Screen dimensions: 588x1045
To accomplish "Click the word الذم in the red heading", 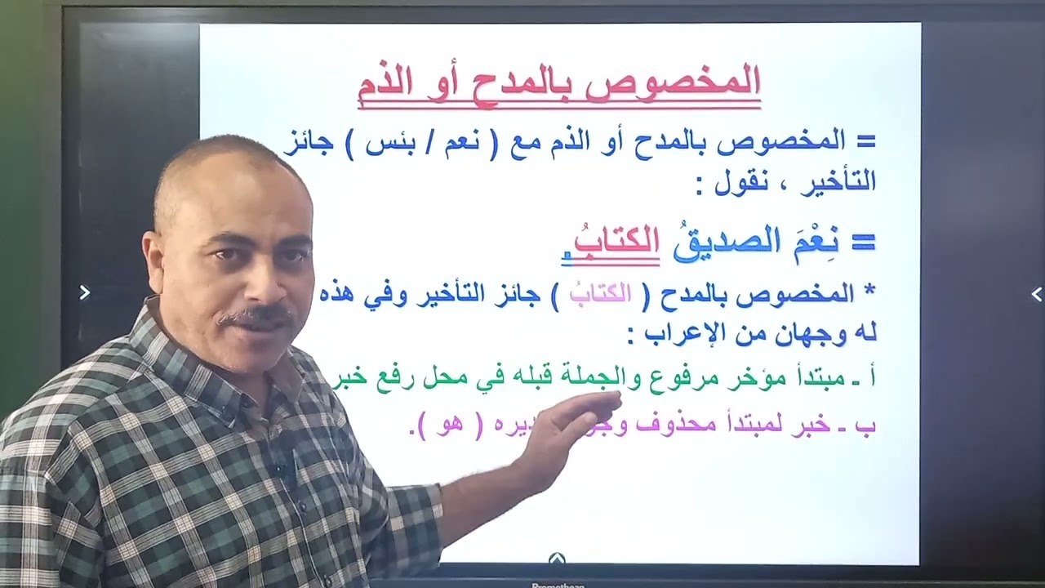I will pos(388,85).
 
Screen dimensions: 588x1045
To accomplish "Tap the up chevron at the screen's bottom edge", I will pos(558,559).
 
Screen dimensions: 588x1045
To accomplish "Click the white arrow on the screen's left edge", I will pos(84,292).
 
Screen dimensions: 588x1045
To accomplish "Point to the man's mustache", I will pos(256,315).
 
